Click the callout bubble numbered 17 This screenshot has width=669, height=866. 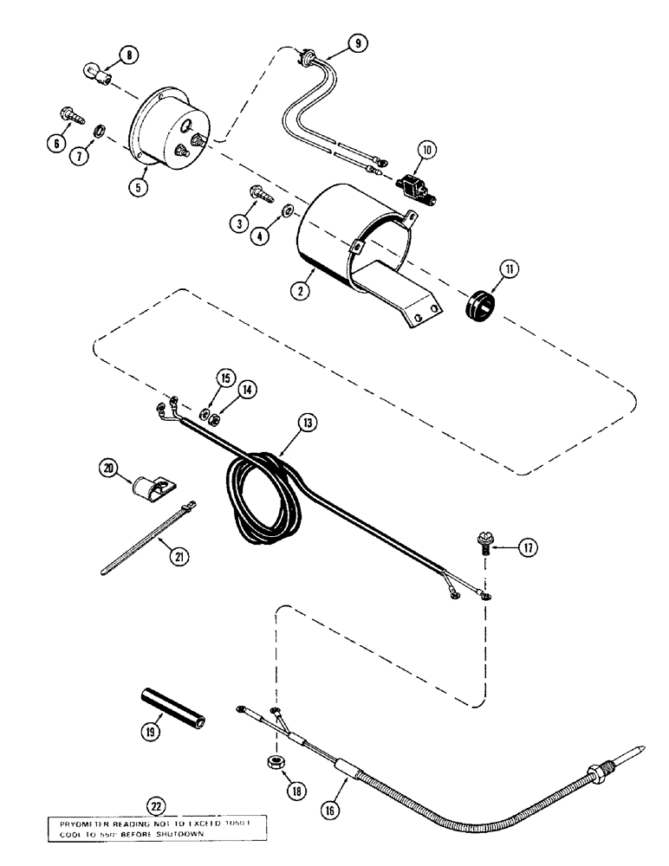pyautogui.click(x=526, y=546)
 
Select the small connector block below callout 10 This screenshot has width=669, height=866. pyautogui.click(x=409, y=183)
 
